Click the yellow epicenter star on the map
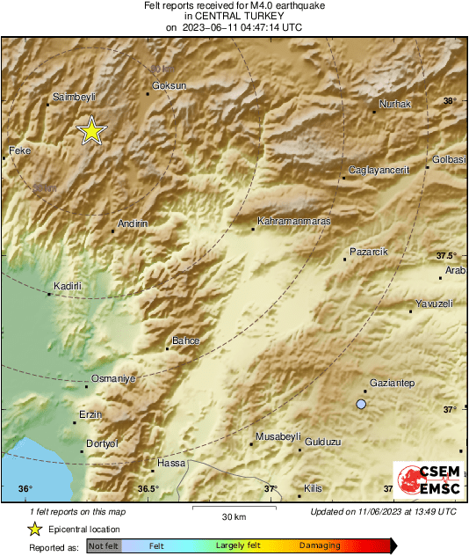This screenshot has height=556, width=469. [x=90, y=131]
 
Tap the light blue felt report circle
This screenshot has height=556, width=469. [x=360, y=404]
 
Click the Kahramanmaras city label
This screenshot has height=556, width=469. [x=293, y=222]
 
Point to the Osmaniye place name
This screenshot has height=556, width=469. [x=114, y=377]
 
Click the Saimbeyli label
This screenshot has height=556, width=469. [x=74, y=97]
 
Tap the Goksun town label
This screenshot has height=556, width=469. [x=170, y=85]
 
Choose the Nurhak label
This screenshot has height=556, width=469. [x=394, y=105]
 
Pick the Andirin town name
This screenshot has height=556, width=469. [x=133, y=224]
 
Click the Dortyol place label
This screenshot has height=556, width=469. [x=102, y=443]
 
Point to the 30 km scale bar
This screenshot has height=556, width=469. [x=233, y=508]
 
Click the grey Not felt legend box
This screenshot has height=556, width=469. [x=103, y=546]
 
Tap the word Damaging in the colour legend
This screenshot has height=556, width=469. [x=320, y=546]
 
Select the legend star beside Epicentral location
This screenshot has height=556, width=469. [x=34, y=529]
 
